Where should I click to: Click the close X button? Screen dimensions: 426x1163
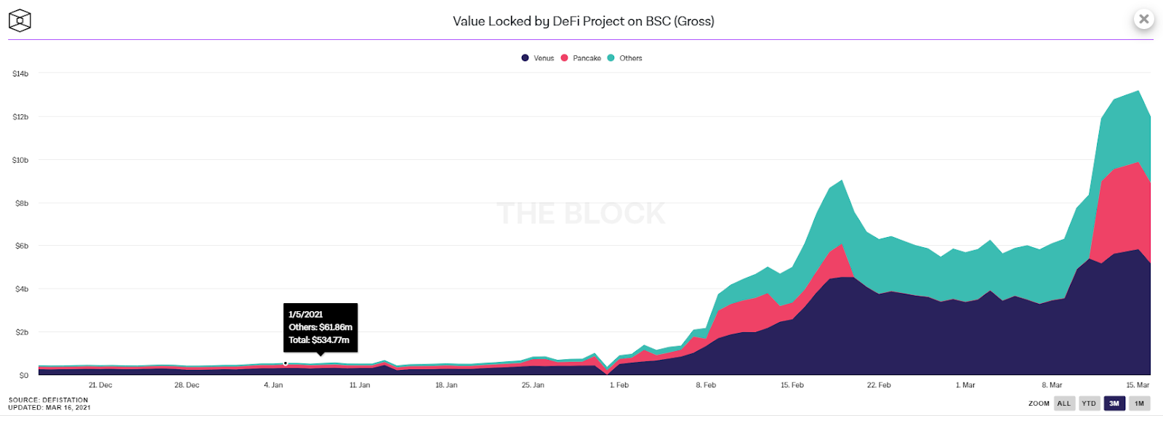point(1144,20)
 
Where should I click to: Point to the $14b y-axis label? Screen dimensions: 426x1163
point(20,74)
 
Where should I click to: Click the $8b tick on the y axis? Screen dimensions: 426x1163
point(22,204)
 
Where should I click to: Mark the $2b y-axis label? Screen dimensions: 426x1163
point(22,333)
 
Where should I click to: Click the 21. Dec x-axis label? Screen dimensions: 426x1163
point(100,385)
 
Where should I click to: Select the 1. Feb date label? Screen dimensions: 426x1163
point(619,385)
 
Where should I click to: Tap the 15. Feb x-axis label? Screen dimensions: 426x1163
point(792,385)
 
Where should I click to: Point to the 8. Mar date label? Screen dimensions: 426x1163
point(1052,385)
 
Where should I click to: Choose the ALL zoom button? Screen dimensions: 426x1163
point(1064,403)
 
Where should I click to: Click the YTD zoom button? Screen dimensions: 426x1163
point(1089,403)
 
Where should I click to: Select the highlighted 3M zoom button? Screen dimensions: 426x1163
point(1114,403)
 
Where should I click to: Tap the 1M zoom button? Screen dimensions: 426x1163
point(1139,403)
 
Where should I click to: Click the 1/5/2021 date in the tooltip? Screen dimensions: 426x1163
point(305,315)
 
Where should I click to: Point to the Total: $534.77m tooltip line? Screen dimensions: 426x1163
point(319,340)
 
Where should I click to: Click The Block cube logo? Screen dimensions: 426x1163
point(20,21)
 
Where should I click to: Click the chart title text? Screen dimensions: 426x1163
point(583,21)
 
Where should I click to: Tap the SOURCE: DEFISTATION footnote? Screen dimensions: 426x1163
point(48,400)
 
